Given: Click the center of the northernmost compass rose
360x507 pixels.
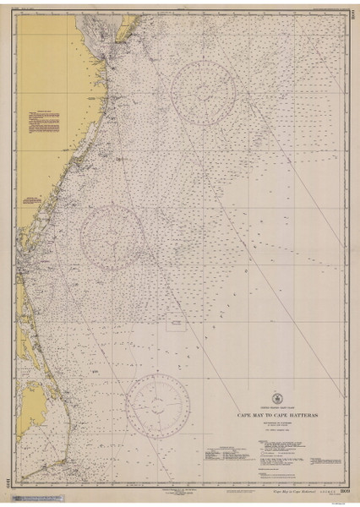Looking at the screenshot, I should coord(203,93).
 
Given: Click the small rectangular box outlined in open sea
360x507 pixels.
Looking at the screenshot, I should coord(177,320).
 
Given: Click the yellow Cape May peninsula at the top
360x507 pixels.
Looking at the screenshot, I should coord(94,26).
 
